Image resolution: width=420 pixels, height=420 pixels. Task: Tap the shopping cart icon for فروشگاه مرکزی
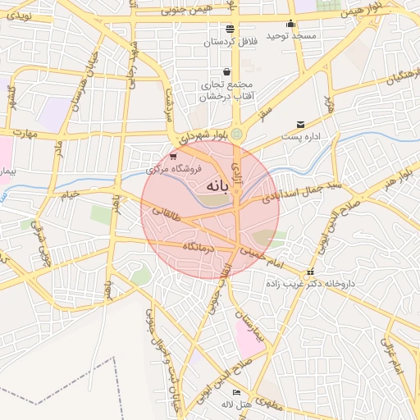(172, 155)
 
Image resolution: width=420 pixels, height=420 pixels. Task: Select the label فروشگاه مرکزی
(170, 170)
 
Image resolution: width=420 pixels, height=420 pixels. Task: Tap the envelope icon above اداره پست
(300, 124)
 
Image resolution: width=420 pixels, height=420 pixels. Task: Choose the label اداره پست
(300, 136)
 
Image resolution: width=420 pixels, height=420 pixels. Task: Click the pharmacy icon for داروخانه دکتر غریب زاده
(309, 272)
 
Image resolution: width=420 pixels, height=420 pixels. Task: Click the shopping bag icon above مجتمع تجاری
(226, 71)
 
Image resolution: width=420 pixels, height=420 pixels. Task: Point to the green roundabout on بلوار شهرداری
(237, 133)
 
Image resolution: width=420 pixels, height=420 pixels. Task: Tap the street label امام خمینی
(261, 258)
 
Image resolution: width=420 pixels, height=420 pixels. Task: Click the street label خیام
(69, 195)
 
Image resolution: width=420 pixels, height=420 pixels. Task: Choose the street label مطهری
(270, 404)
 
